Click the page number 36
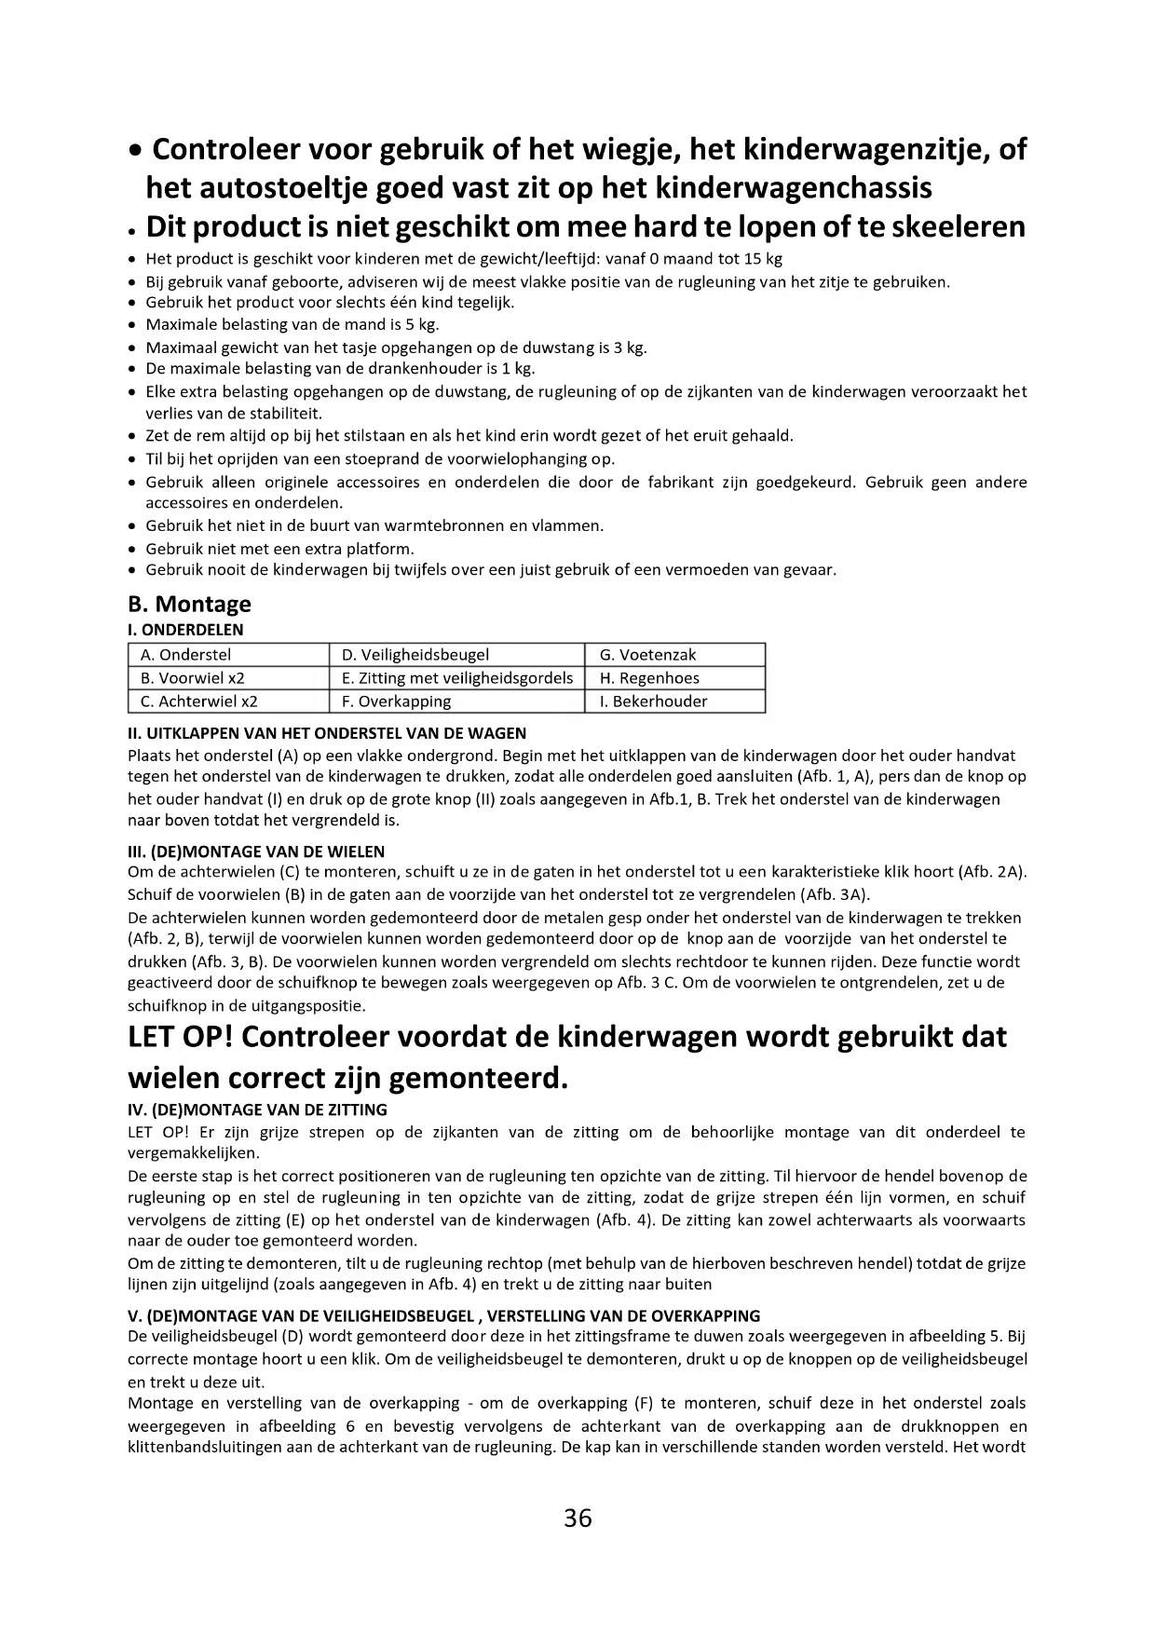click(578, 1518)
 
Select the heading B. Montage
click(189, 605)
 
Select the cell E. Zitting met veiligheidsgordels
click(457, 678)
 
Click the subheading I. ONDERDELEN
click(185, 630)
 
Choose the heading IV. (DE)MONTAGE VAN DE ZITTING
click(257, 1110)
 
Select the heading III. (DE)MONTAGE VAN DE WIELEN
click(256, 851)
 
